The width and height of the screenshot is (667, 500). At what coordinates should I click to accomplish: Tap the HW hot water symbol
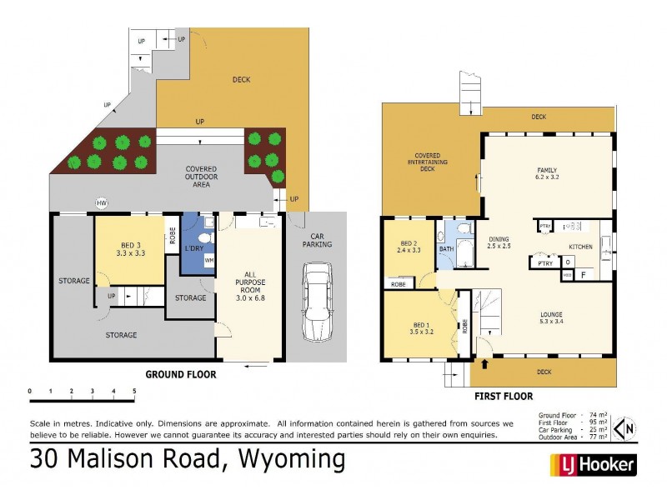(102, 203)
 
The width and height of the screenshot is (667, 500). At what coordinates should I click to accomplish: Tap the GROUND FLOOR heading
(181, 375)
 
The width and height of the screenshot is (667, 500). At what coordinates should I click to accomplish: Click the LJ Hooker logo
(593, 464)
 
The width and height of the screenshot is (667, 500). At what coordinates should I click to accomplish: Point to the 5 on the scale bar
(134, 390)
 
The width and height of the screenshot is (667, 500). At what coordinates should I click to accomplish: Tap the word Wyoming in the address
(292, 459)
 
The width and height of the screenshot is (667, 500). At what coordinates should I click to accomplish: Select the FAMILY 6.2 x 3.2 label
(547, 174)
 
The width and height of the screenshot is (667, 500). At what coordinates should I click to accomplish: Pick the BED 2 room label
(406, 246)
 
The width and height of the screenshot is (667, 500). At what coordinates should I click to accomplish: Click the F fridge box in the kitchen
(583, 273)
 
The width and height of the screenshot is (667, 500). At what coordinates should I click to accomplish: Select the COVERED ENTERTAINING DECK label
(427, 162)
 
